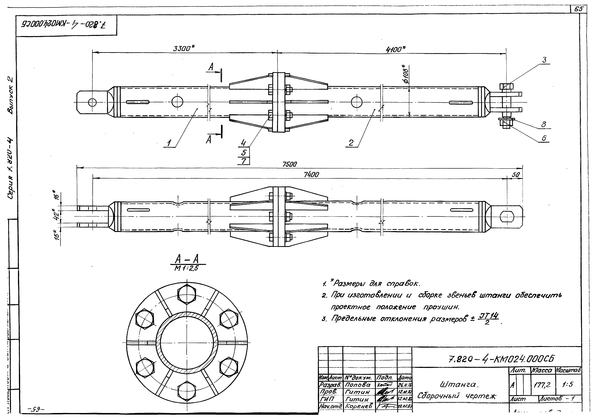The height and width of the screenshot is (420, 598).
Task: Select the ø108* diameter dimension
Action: coord(406,74)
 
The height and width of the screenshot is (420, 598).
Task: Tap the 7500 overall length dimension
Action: coord(289,164)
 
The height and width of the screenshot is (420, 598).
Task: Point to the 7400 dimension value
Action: coord(311,175)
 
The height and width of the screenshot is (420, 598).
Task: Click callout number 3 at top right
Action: coord(544,60)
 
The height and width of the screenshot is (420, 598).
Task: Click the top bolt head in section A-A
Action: coord(187,294)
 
